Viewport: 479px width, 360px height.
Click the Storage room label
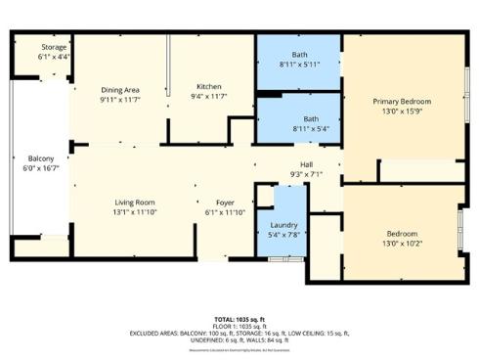point(54,47)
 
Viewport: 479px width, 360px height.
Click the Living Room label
point(134,202)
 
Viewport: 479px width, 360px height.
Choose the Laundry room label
point(283,225)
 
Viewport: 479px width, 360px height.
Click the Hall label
point(306,163)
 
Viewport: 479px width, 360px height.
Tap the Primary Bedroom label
point(403,101)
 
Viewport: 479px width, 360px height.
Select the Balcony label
point(40,158)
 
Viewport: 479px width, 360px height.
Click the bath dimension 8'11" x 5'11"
point(299,65)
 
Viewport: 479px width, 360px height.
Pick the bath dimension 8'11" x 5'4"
point(298,128)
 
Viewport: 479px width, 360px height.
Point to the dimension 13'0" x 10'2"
point(402,244)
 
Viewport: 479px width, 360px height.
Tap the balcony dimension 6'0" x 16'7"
point(40,168)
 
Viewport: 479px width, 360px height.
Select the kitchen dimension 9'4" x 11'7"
point(210,96)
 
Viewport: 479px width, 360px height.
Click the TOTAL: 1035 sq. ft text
point(239,320)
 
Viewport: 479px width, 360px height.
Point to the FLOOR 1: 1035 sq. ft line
point(239,327)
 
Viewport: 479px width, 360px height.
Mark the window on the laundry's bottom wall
point(280,259)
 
